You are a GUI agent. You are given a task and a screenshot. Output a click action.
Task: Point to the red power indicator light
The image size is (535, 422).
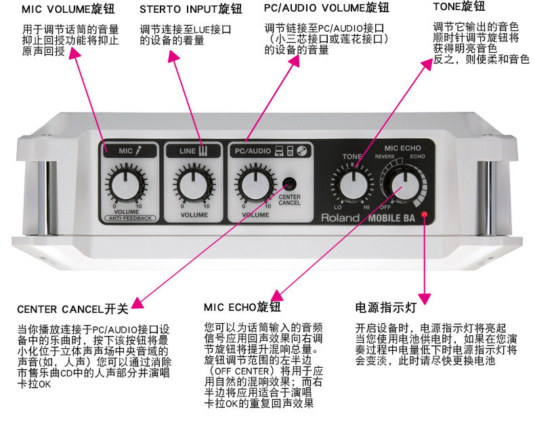425,214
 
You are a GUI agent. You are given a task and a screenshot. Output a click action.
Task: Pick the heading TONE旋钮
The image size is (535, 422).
459,6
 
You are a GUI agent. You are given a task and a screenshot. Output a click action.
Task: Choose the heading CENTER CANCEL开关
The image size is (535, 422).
72,310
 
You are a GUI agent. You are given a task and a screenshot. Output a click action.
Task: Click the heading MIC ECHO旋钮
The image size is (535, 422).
242,308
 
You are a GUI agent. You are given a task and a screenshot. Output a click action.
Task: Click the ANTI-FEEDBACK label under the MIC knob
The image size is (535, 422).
131,218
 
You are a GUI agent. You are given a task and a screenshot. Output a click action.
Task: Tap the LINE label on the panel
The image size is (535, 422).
187,151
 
